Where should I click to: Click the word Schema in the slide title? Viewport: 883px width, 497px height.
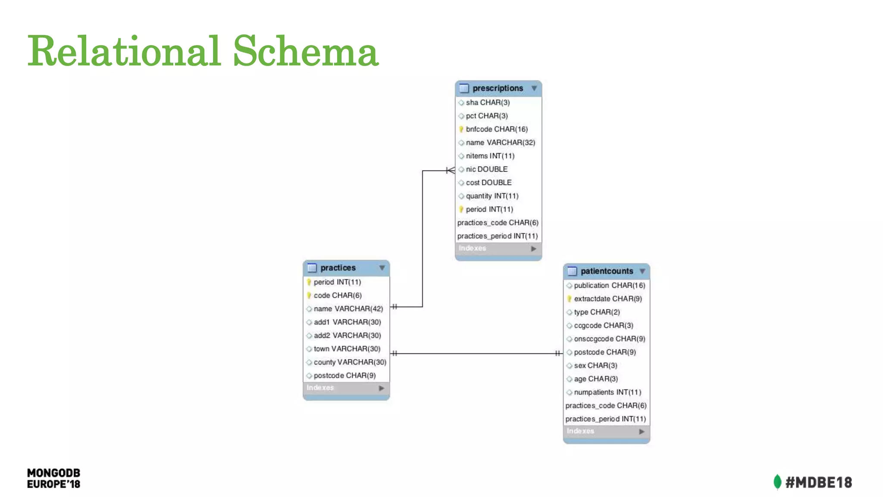coord(306,52)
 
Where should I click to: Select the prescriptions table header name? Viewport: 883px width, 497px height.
coord(498,88)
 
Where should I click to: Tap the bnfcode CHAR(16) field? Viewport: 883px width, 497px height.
coord(496,129)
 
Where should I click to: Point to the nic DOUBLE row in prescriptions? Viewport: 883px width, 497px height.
coord(486,169)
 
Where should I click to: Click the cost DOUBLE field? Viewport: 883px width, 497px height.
coord(488,182)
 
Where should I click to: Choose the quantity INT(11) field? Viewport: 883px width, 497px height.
coord(492,196)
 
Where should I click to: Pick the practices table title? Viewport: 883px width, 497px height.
coord(338,268)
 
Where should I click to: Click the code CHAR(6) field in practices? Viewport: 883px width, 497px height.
coord(338,296)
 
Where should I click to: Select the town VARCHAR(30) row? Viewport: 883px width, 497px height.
coord(347,349)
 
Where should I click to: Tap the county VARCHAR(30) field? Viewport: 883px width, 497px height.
coord(350,362)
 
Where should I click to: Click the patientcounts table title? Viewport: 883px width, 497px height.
coord(607,271)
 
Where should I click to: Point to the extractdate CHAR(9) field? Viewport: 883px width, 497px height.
coord(607,299)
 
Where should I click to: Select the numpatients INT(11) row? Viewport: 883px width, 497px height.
coord(607,393)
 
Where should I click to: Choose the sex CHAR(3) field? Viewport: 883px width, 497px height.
coord(595,366)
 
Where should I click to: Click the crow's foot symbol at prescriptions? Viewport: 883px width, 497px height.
coord(451,170)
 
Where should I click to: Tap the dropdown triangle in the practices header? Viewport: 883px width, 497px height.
coord(382,268)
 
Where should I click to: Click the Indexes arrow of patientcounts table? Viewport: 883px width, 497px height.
coord(642,431)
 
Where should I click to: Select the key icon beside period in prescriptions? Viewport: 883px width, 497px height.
coord(461,209)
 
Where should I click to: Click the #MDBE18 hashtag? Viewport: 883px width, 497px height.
coord(818,482)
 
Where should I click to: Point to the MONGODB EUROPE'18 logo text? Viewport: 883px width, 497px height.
coord(53,478)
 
